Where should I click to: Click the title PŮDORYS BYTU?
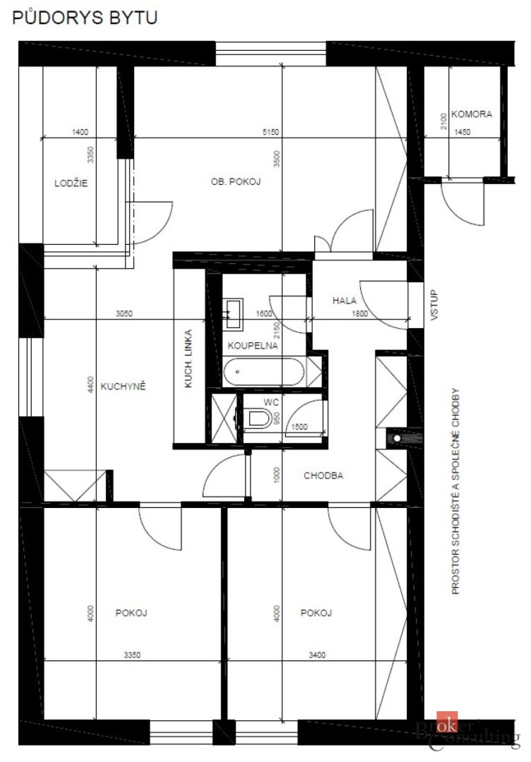pos(85,17)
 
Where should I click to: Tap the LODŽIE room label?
pos(71,183)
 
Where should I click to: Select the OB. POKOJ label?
pos(236,182)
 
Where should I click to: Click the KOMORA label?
pos(472,114)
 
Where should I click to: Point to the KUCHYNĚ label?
pos(123,386)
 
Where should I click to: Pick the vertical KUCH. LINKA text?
pos(189,358)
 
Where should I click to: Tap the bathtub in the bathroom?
pos(264,372)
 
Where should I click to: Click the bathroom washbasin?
pos(233,315)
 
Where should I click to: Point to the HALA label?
pos(344,301)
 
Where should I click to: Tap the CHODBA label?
pos(323,475)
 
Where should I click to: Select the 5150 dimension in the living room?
pos(271,132)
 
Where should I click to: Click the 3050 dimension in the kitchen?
pos(124,314)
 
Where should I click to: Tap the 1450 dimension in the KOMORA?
pos(462,132)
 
